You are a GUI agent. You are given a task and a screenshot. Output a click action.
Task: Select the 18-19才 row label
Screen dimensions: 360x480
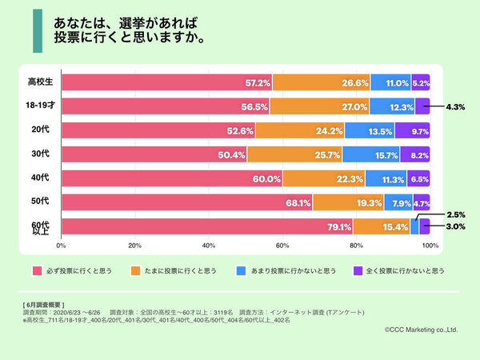point(41,106)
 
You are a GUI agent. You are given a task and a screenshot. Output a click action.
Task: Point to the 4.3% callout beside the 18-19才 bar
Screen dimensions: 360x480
point(457,106)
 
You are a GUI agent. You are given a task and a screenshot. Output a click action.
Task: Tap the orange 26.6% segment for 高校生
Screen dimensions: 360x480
point(321,82)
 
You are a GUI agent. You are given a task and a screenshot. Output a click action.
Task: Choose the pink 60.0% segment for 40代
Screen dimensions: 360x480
point(171,178)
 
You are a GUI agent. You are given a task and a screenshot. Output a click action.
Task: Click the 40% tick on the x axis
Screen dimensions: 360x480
point(209,245)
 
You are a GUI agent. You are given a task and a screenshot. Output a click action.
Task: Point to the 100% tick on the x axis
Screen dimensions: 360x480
point(430,245)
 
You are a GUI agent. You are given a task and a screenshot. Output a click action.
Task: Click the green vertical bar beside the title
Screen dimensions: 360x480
point(38,31)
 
